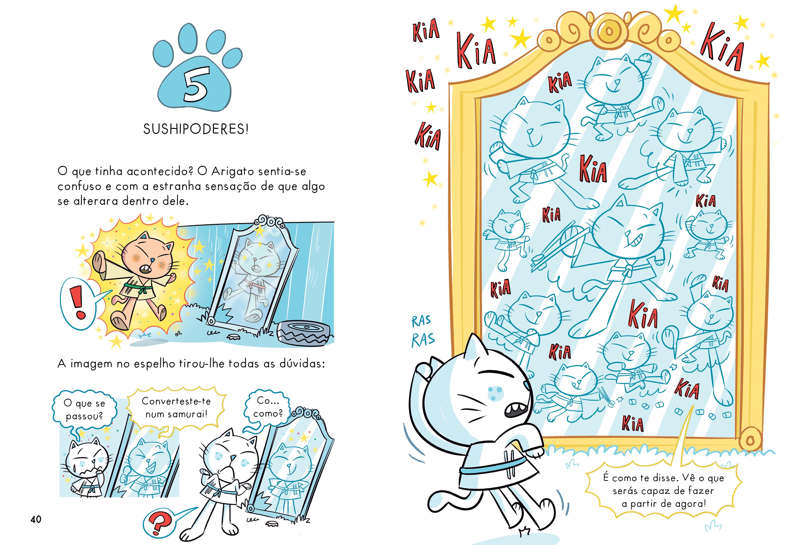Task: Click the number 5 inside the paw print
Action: click(x=196, y=84)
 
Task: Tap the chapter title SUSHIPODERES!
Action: click(x=196, y=129)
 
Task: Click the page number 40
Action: click(x=36, y=519)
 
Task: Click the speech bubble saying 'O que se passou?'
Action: click(x=84, y=409)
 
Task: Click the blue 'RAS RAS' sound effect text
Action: click(x=423, y=331)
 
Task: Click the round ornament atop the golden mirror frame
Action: click(x=608, y=31)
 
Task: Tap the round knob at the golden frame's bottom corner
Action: click(x=750, y=441)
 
